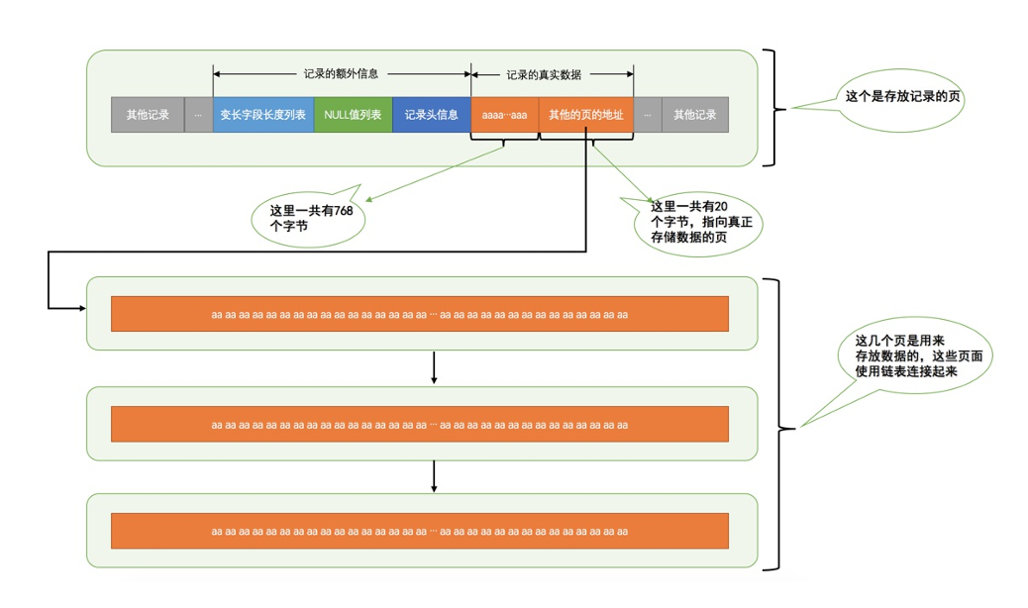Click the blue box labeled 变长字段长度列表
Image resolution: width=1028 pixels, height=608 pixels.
[262, 115]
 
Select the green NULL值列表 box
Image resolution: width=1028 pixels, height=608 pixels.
[353, 115]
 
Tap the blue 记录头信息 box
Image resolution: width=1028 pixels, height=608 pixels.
[431, 115]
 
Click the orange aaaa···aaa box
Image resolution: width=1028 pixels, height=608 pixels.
[504, 115]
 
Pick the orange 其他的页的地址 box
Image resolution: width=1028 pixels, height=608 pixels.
[585, 115]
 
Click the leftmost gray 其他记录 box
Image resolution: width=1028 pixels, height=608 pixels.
[148, 115]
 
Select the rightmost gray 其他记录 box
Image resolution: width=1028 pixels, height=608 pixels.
[694, 115]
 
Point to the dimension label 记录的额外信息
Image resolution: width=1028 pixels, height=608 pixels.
[341, 73]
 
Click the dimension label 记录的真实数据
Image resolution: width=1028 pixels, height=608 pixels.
[544, 73]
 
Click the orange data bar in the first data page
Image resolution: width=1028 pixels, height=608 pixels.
[420, 314]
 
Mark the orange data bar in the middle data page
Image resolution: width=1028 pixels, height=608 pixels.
[420, 424]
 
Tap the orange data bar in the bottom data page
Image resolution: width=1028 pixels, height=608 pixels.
[420, 531]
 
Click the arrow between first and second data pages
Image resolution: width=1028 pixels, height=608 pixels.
[434, 367]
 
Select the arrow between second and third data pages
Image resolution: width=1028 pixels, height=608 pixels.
[434, 475]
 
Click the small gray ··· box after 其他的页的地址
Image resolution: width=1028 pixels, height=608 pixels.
[647, 115]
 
